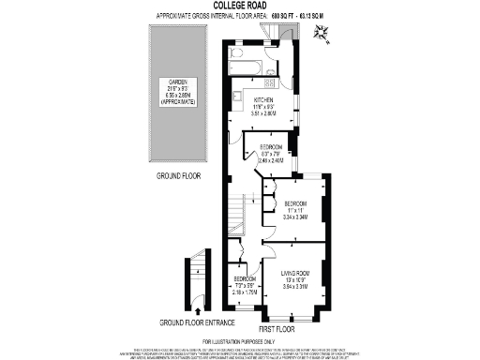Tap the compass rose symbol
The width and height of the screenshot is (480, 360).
pyautogui.click(x=322, y=35)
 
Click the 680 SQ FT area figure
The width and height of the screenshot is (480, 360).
pyautogui.click(x=284, y=17)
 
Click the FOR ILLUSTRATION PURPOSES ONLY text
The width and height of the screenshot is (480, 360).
pyautogui.click(x=240, y=341)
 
